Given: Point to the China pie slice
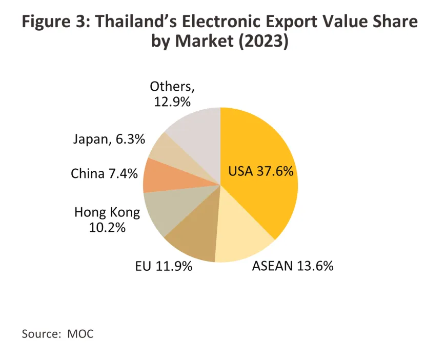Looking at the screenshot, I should tap(157, 175).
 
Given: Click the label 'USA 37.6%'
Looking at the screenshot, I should tap(261, 171).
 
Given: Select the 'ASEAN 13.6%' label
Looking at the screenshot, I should tap(293, 266).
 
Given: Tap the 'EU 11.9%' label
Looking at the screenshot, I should tap(164, 266).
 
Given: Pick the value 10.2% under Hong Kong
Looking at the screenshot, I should tap(107, 227).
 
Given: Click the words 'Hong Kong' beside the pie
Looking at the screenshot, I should tap(107, 211).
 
